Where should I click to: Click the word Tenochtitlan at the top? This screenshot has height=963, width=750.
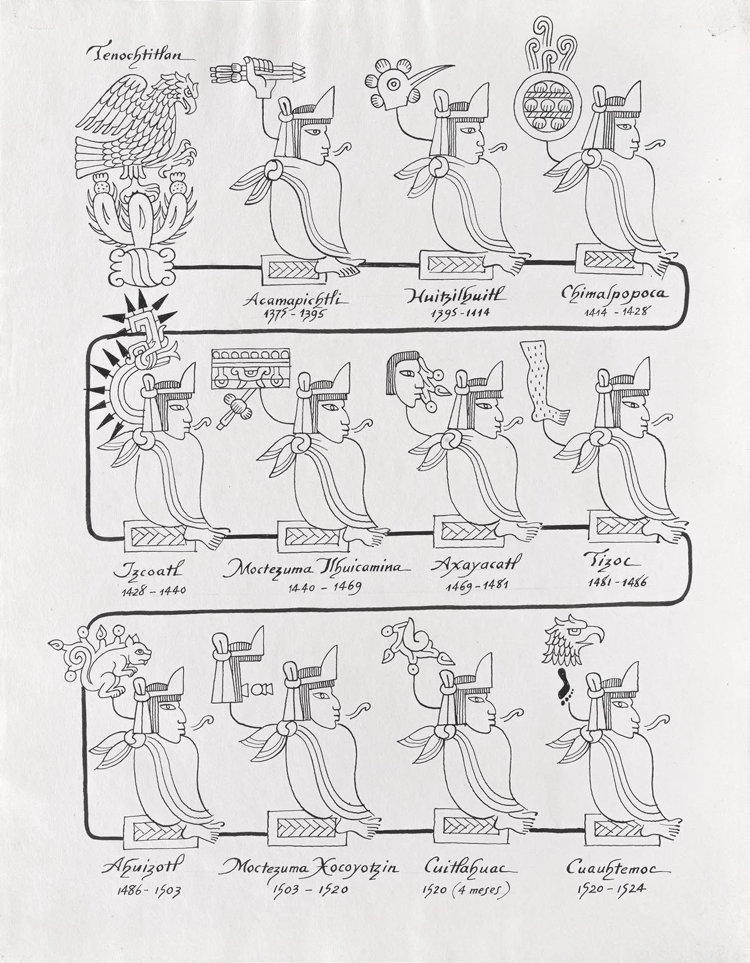[141, 54]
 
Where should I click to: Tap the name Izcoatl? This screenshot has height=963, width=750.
[148, 572]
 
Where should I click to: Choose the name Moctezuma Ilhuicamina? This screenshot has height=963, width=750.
[316, 570]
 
